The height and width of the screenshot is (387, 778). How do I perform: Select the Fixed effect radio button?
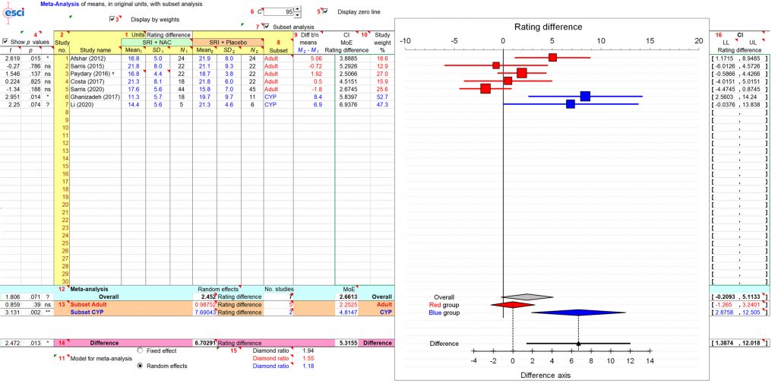tap(141, 350)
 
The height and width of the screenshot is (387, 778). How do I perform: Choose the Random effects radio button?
tap(141, 366)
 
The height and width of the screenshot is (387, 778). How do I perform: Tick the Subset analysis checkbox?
tap(266, 27)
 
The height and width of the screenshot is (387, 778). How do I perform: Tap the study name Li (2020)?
tap(82, 104)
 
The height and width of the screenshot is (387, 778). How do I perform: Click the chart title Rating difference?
tap(544, 27)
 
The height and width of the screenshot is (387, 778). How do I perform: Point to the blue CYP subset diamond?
tap(579, 312)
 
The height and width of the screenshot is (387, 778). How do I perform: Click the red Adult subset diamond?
tap(513, 304)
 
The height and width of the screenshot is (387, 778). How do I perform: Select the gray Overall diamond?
tap(527, 297)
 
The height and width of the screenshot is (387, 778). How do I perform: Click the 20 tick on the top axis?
tap(699, 40)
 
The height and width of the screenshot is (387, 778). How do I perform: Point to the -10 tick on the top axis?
tap(405, 40)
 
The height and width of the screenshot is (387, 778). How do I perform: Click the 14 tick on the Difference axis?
tap(650, 361)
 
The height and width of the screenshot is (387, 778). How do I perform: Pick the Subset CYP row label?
tap(88, 312)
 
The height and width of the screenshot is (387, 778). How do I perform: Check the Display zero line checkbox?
tap(325, 12)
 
